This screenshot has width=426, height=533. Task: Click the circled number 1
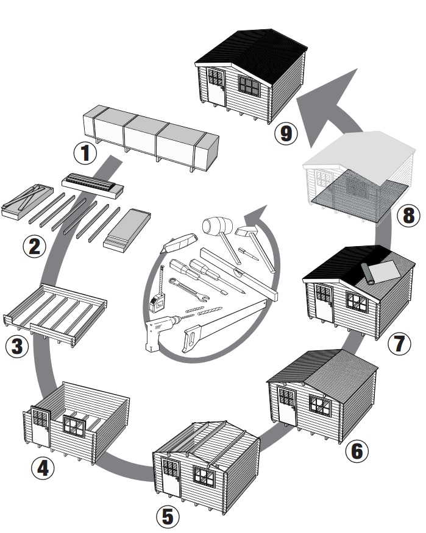(x=86, y=152)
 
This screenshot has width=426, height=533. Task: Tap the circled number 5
(x=168, y=517)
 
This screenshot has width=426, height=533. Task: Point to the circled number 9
(x=285, y=133)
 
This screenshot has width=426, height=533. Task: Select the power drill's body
(x=160, y=332)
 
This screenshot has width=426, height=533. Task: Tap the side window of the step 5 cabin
(x=204, y=476)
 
